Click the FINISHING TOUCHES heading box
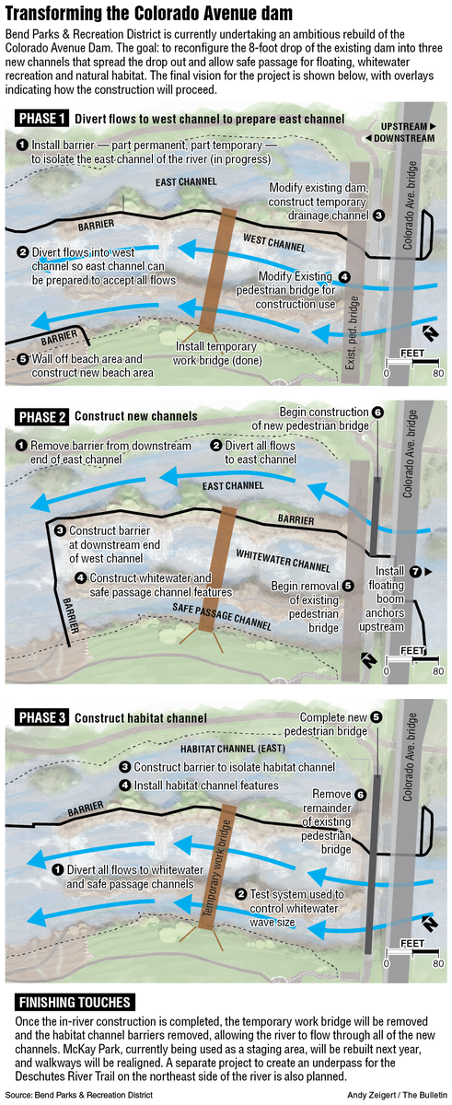click(74, 1002)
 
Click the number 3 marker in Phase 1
click(378, 215)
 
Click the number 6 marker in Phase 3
click(361, 794)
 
